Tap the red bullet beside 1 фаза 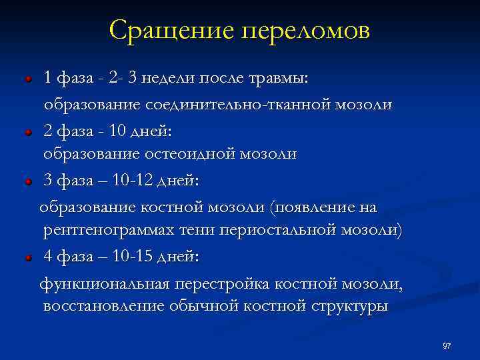tap(29, 79)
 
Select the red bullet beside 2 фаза tap(29, 133)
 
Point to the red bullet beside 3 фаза tap(29, 181)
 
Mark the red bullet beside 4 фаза tap(29, 257)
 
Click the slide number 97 tap(447, 345)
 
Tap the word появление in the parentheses tap(312, 208)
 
